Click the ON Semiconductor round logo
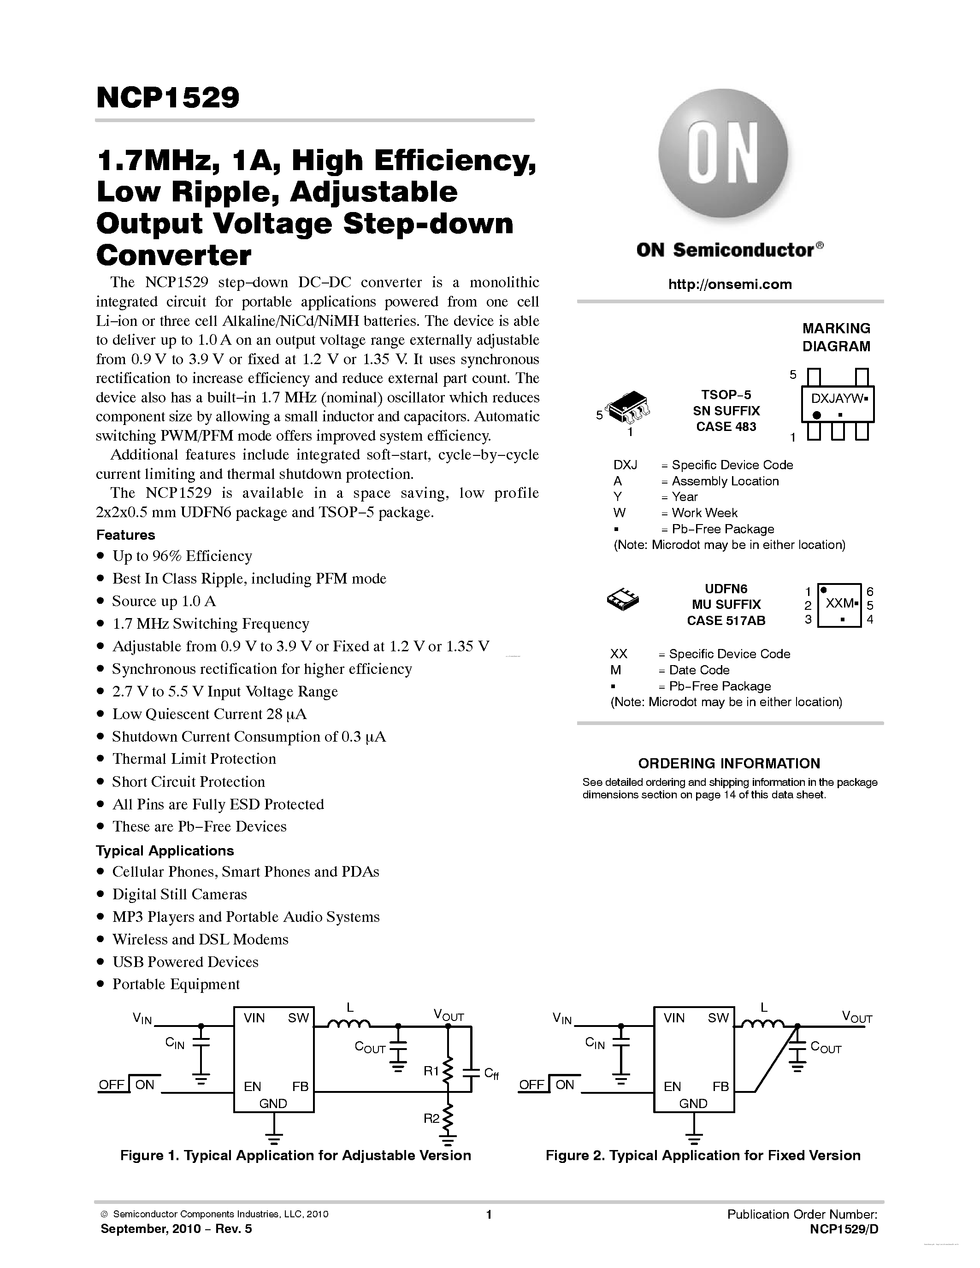pyautogui.click(x=723, y=154)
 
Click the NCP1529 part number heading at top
pyautogui.click(x=168, y=98)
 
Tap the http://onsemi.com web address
pyautogui.click(x=730, y=284)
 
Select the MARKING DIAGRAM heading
pyautogui.click(x=836, y=337)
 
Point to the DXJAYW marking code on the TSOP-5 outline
pyautogui.click(x=836, y=399)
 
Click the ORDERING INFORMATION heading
pyautogui.click(x=729, y=763)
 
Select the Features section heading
pyautogui.click(x=125, y=535)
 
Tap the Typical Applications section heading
pyautogui.click(x=165, y=850)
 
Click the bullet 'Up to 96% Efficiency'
pyautogui.click(x=182, y=556)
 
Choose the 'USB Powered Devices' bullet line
pyautogui.click(x=185, y=961)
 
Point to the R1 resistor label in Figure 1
pyautogui.click(x=431, y=1071)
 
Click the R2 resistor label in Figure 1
pyautogui.click(x=431, y=1118)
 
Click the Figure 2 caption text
pyautogui.click(x=703, y=1156)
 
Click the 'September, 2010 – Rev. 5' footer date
pyautogui.click(x=177, y=1228)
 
